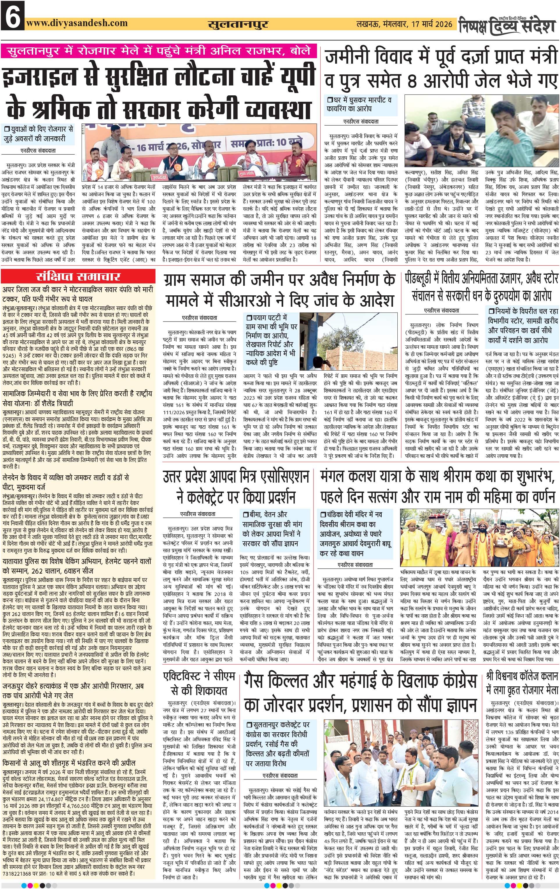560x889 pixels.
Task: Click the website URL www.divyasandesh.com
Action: [x=77, y=23]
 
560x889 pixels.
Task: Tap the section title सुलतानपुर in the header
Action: [x=238, y=24]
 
